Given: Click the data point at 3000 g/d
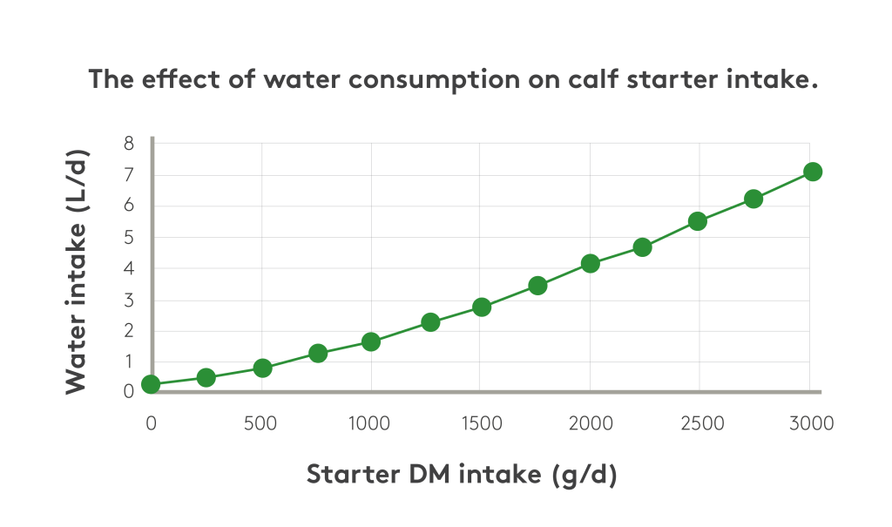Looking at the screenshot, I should pyautogui.click(x=812, y=172).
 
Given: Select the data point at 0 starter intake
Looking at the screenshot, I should pyautogui.click(x=151, y=384).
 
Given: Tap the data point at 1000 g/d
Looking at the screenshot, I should pyautogui.click(x=371, y=341).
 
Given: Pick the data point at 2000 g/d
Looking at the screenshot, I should pyautogui.click(x=590, y=263).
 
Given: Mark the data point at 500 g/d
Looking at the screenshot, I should pyautogui.click(x=262, y=368).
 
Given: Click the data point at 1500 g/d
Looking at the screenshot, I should pyautogui.click(x=482, y=307).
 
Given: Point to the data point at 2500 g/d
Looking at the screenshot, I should pyautogui.click(x=697, y=221).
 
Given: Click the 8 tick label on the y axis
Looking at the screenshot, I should pyautogui.click(x=129, y=144).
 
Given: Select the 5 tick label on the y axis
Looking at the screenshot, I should pyautogui.click(x=129, y=238).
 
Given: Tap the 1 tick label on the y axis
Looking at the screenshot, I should pyautogui.click(x=129, y=361).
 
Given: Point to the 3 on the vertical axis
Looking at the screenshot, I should pyautogui.click(x=129, y=300).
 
